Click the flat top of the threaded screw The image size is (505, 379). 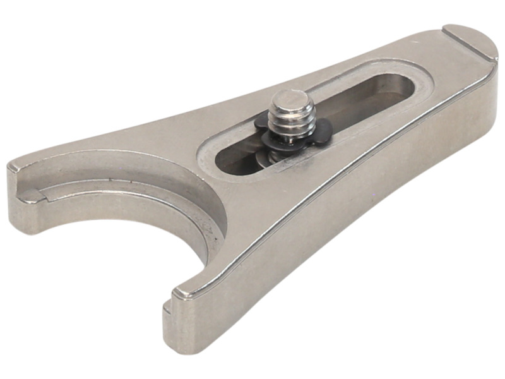click(290, 99)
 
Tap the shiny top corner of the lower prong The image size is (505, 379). click(183, 292)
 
